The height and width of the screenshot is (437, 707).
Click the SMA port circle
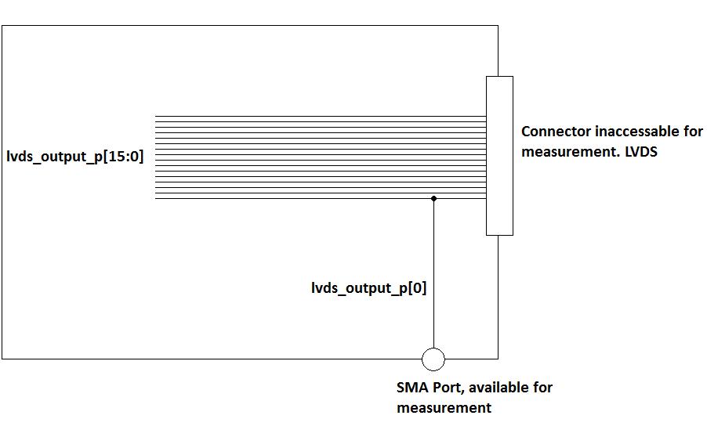pos(433,359)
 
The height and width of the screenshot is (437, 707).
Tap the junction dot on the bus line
pos(433,199)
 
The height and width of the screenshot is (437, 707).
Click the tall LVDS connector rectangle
pos(499,155)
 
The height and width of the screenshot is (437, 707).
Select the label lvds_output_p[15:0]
pos(74,157)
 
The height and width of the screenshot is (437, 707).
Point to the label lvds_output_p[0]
pos(368,288)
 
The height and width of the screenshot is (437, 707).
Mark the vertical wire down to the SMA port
pos(433,274)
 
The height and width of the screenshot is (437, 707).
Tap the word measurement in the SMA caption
pos(444,408)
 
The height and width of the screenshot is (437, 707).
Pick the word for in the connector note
pos(692,132)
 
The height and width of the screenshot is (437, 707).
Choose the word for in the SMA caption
pos(542,388)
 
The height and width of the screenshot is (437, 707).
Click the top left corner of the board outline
pos(2,26)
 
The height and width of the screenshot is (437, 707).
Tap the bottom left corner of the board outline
pos(2,359)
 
